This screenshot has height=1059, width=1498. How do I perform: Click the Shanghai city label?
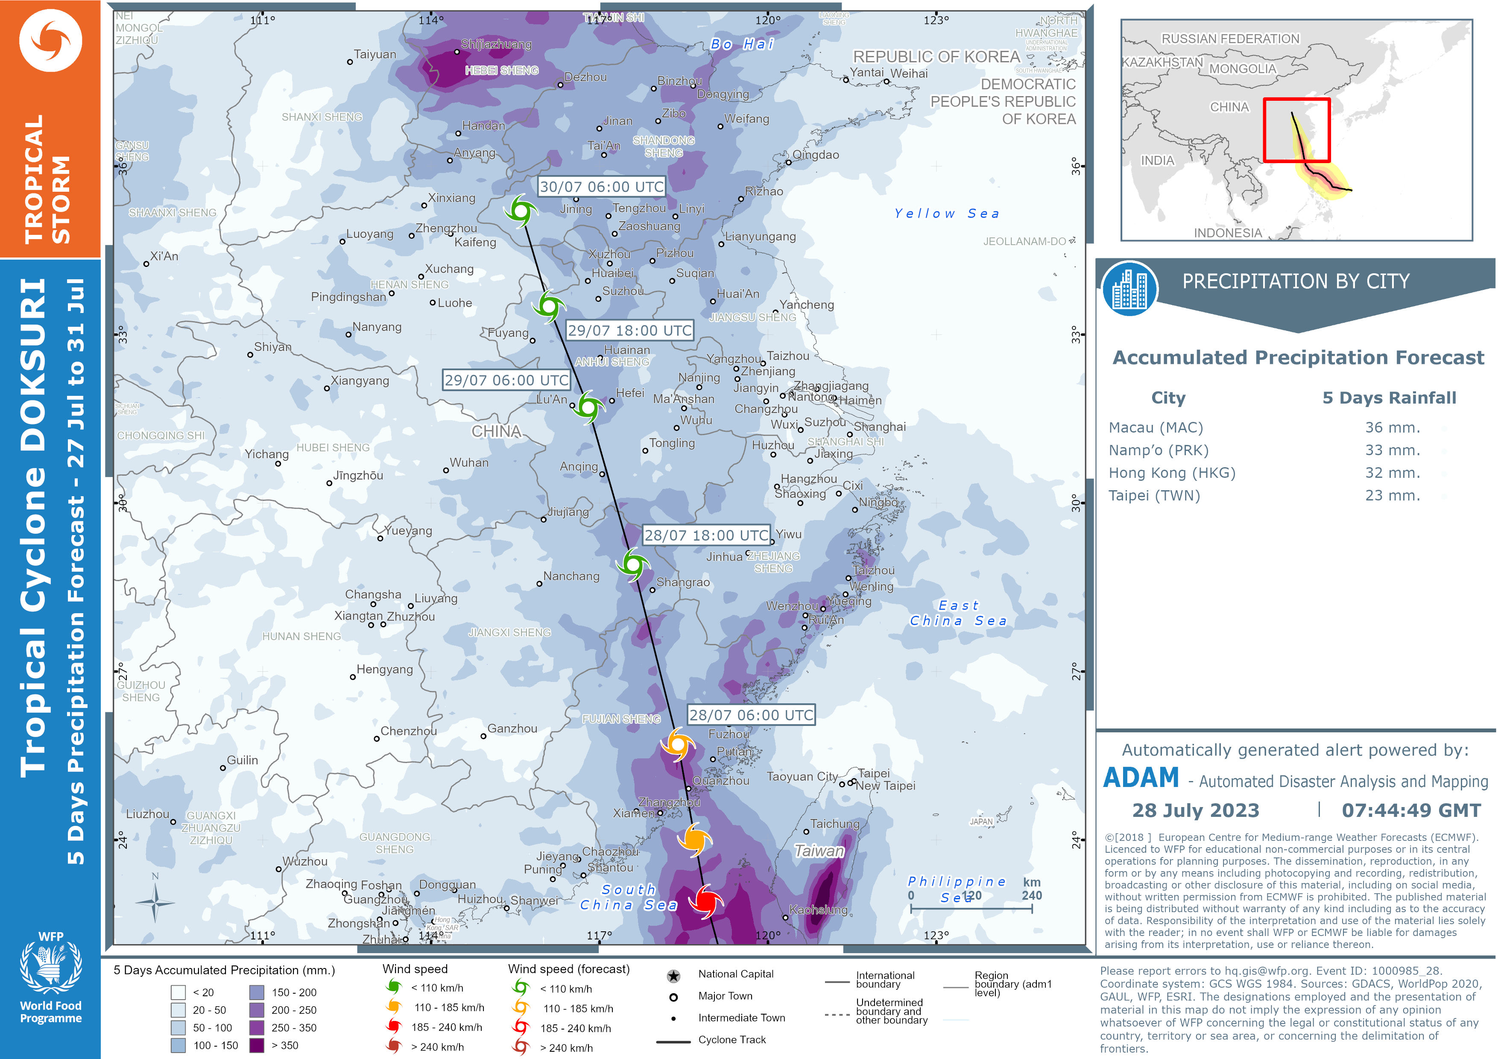click(880, 427)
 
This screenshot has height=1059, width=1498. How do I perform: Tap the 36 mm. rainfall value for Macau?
click(1392, 427)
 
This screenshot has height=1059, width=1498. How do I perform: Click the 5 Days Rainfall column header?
click(1389, 398)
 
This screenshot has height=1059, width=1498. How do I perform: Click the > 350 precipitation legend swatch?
click(257, 1045)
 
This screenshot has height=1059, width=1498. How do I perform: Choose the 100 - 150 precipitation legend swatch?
click(178, 1045)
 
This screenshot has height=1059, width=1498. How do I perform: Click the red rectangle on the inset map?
click(1296, 131)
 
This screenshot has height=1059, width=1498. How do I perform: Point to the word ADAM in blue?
click(1141, 778)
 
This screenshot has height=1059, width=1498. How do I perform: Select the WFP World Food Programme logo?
click(50, 979)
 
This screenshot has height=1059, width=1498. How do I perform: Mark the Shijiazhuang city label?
click(496, 44)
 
